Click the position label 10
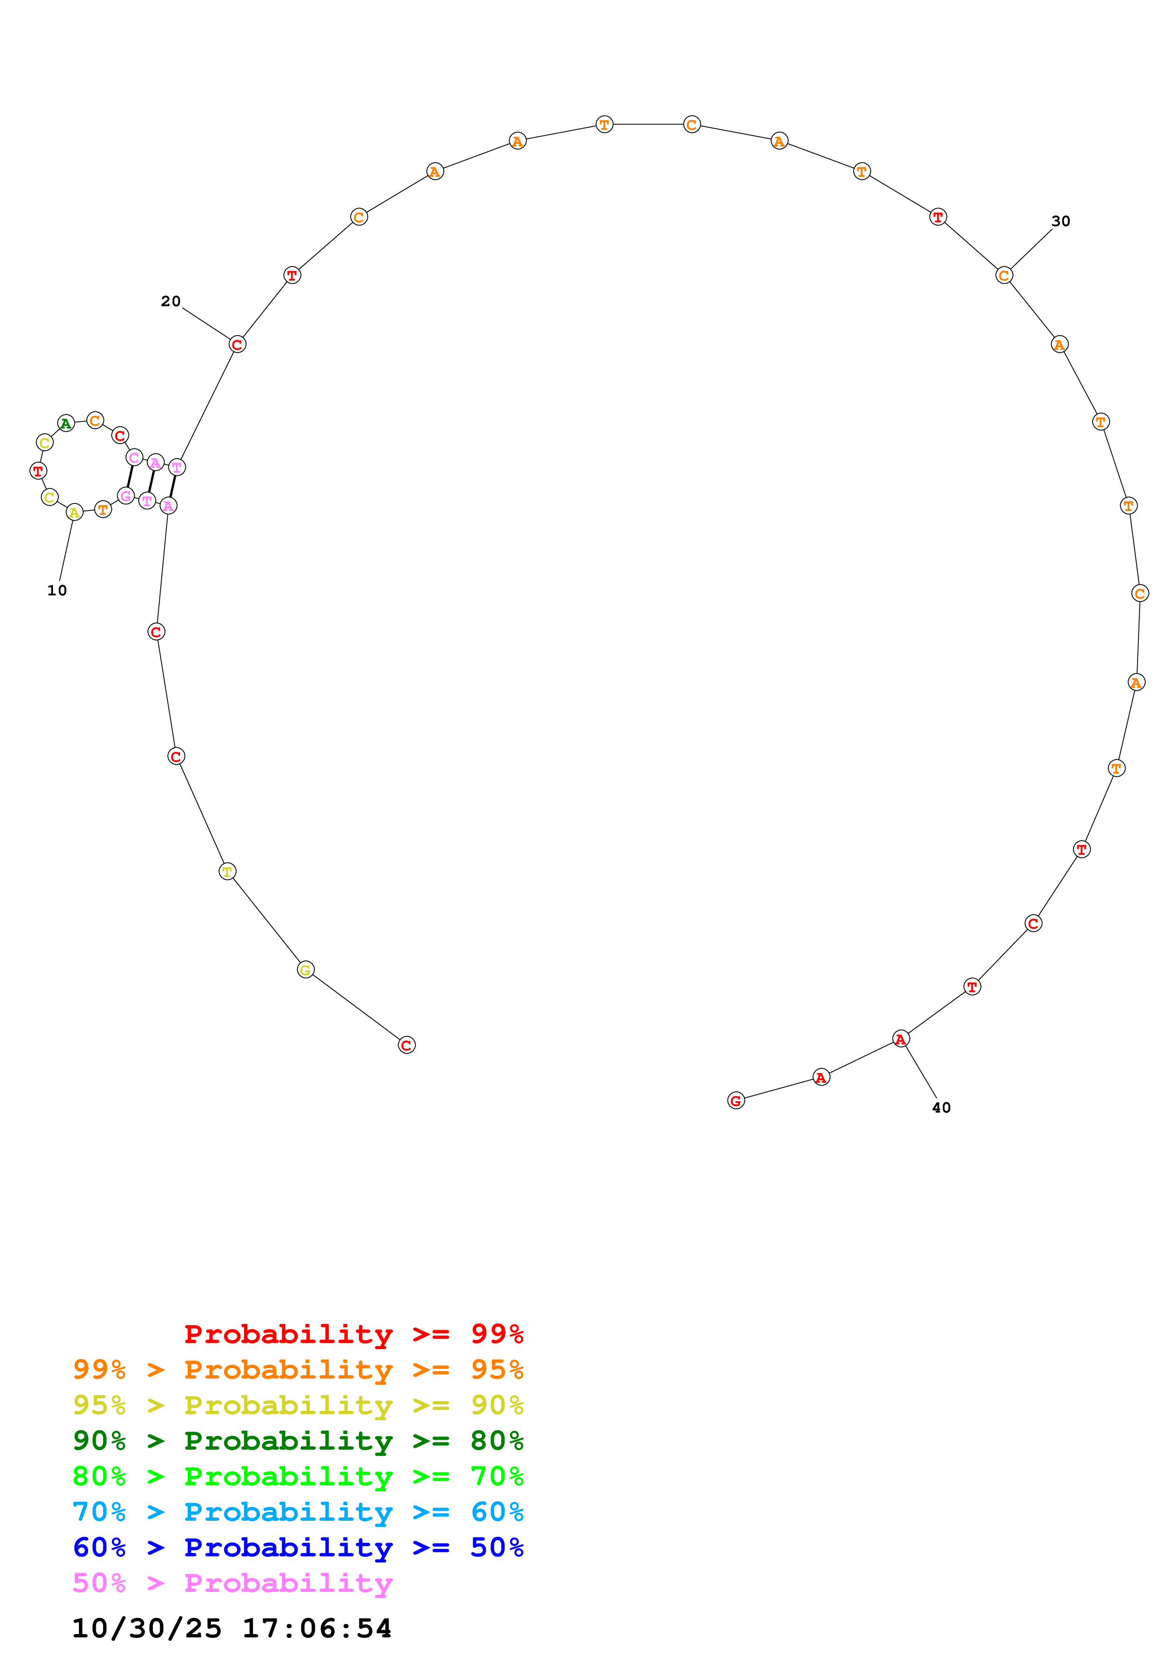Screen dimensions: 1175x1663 tap(57, 590)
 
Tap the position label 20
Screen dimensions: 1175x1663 tap(171, 302)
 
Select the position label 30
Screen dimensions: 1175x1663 tap(1061, 221)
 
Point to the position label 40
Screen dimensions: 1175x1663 tap(941, 1107)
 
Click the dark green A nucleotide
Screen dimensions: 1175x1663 tap(66, 423)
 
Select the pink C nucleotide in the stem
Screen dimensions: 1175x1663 tap(134, 457)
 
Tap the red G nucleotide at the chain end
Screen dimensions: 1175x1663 tap(736, 1101)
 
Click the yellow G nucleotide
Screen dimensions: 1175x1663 tap(306, 970)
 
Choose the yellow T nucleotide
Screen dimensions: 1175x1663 tap(228, 871)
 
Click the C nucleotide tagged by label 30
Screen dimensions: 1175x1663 tap(1003, 275)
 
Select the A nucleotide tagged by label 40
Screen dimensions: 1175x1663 tap(901, 1039)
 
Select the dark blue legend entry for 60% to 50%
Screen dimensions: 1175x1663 tap(298, 1547)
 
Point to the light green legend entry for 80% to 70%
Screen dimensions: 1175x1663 tap(298, 1476)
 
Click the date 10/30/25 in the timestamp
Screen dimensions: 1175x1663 tap(147, 1628)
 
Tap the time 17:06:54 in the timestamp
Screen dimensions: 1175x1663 tap(317, 1628)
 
